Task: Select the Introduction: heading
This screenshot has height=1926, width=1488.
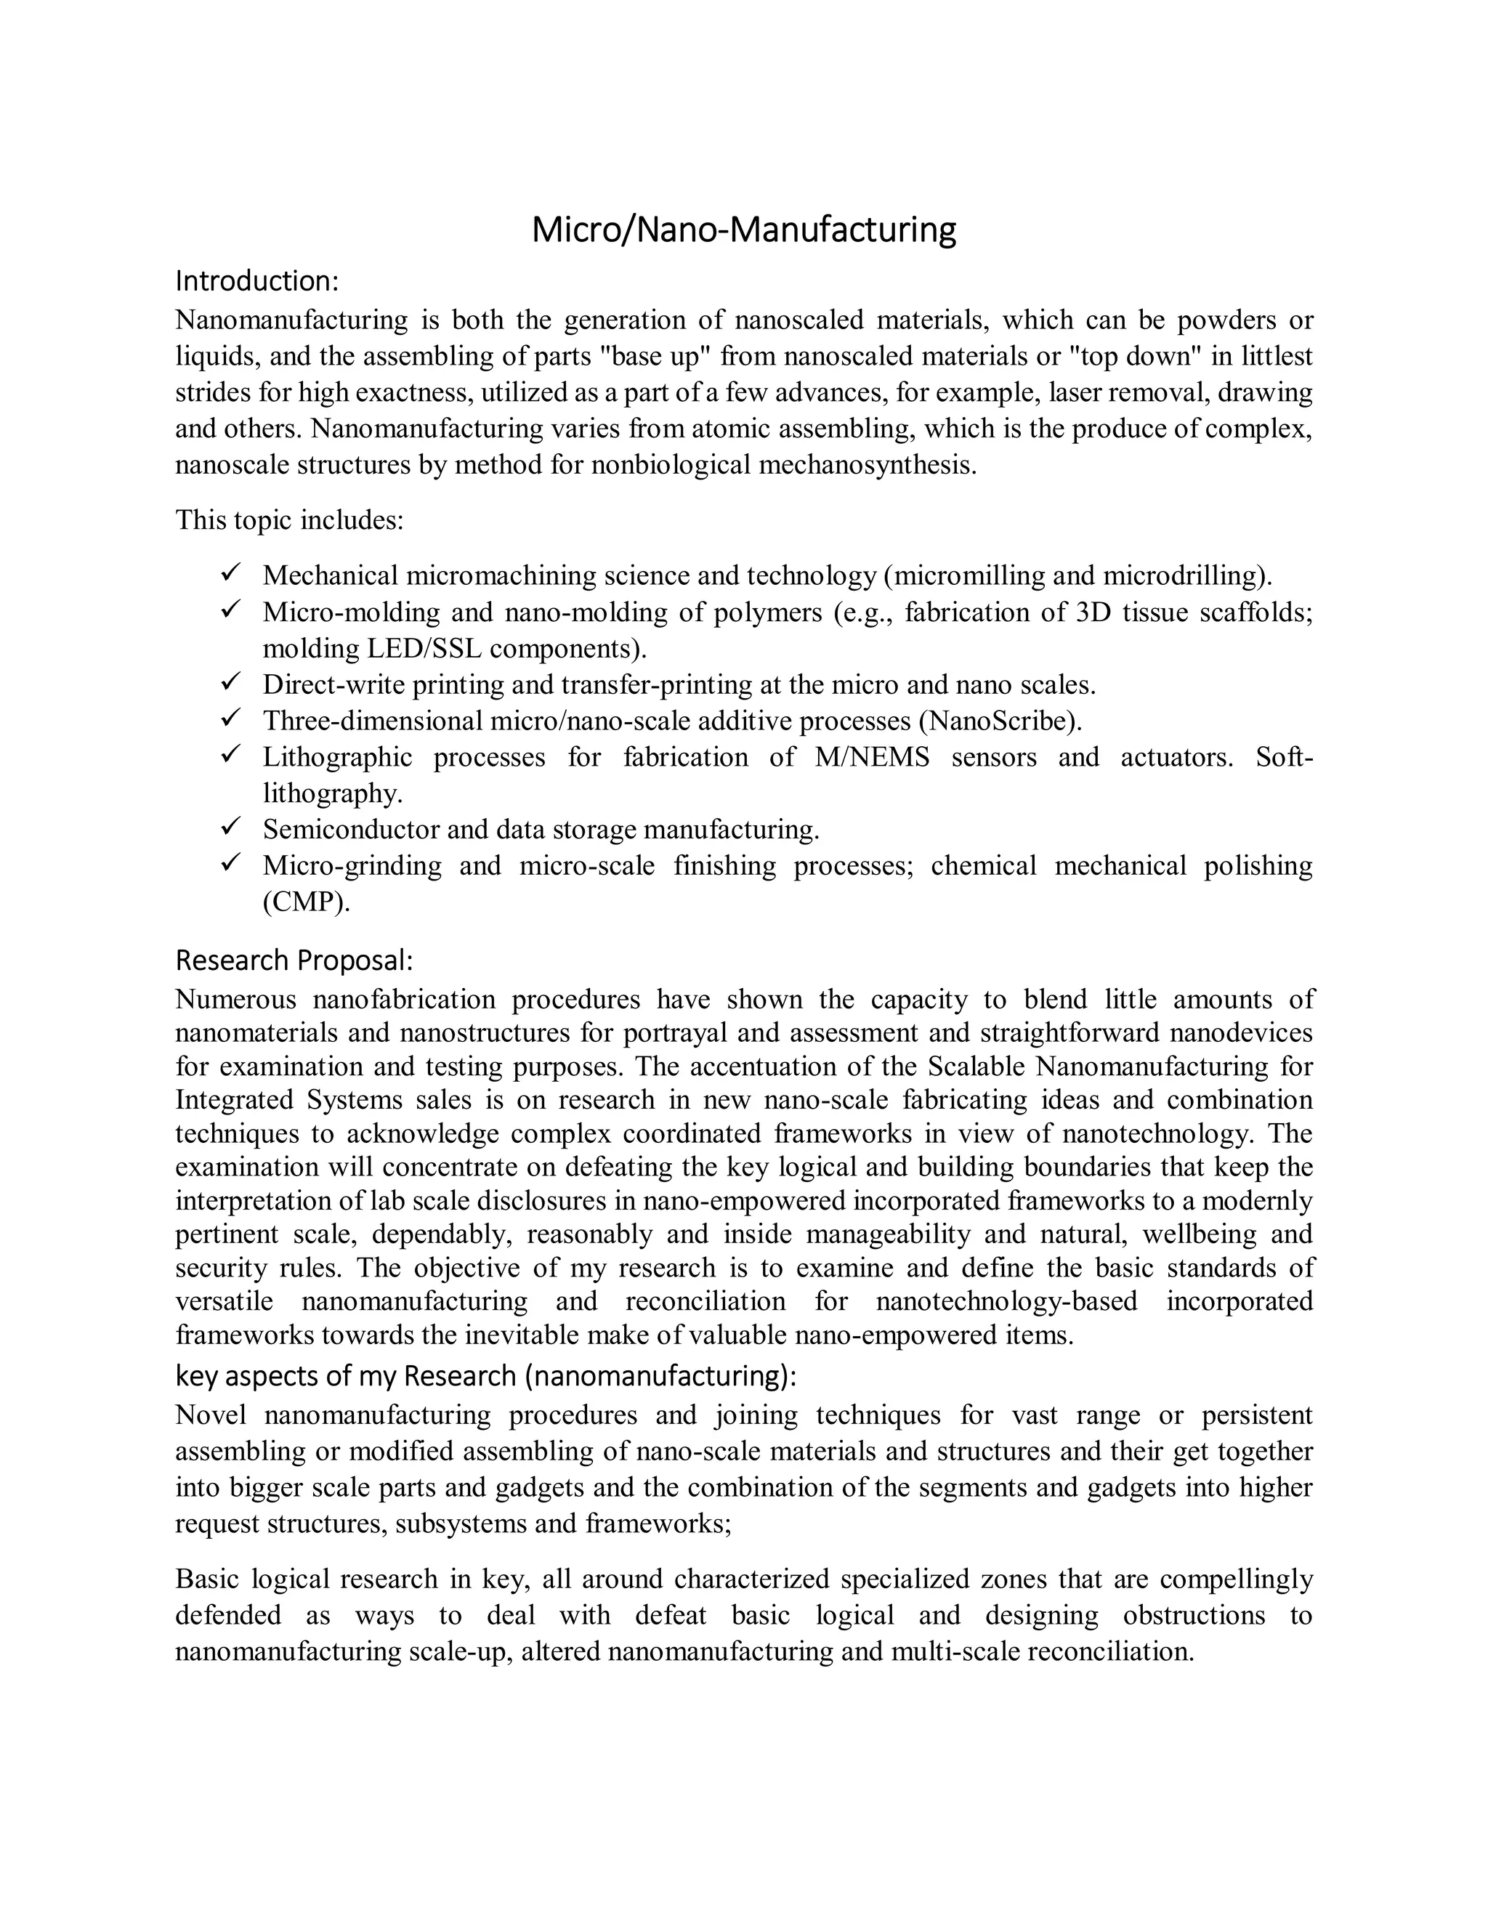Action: (256, 280)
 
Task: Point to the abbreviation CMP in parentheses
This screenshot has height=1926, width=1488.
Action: (305, 903)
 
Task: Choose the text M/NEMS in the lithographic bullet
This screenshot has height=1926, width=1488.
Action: (871, 756)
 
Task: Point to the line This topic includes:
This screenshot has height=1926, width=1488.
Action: (289, 519)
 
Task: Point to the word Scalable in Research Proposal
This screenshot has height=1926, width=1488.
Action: (977, 1067)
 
